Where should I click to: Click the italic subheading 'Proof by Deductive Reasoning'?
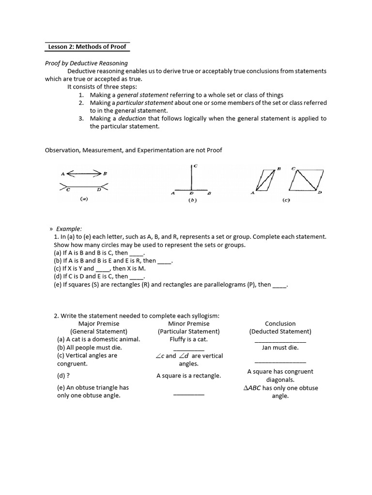pos(86,63)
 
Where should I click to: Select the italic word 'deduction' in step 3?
pos(132,118)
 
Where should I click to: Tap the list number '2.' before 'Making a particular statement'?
pos(81,103)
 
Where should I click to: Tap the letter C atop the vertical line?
pos(195,166)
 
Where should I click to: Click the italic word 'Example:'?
pos(69,229)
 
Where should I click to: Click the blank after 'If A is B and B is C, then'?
pos(137,253)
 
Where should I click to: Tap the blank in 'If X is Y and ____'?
pos(103,268)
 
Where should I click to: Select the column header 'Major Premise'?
pos(98,323)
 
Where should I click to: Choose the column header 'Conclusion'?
pos(280,323)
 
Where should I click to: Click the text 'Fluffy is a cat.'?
pos(188,339)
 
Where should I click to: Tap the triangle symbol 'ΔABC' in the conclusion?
pos(252,388)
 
